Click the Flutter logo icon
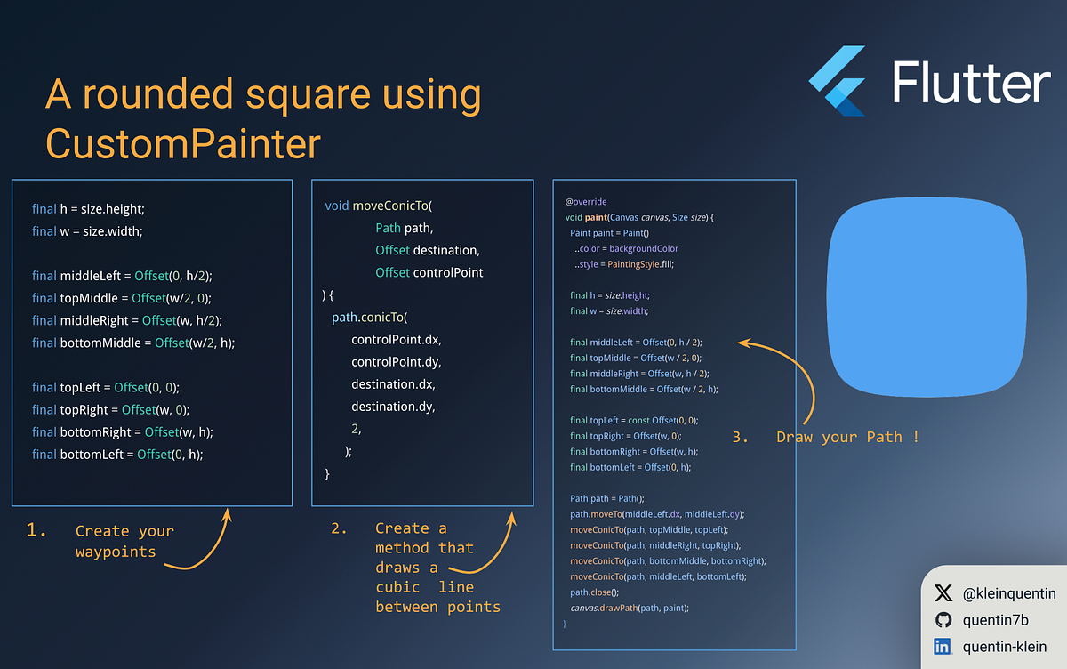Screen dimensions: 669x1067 838,81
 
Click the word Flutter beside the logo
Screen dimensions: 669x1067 971,83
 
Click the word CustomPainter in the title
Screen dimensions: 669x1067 183,144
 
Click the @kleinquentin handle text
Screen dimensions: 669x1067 1008,592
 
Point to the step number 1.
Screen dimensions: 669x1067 36,530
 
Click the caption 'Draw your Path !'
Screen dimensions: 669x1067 847,437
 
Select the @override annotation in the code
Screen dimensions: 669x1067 585,202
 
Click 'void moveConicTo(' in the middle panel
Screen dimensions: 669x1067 379,206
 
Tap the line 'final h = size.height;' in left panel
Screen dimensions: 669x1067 88,209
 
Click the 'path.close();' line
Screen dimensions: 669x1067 594,592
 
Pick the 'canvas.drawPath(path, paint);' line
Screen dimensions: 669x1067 630,608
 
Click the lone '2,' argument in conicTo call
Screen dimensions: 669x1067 357,429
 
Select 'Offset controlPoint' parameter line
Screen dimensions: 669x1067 429,272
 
